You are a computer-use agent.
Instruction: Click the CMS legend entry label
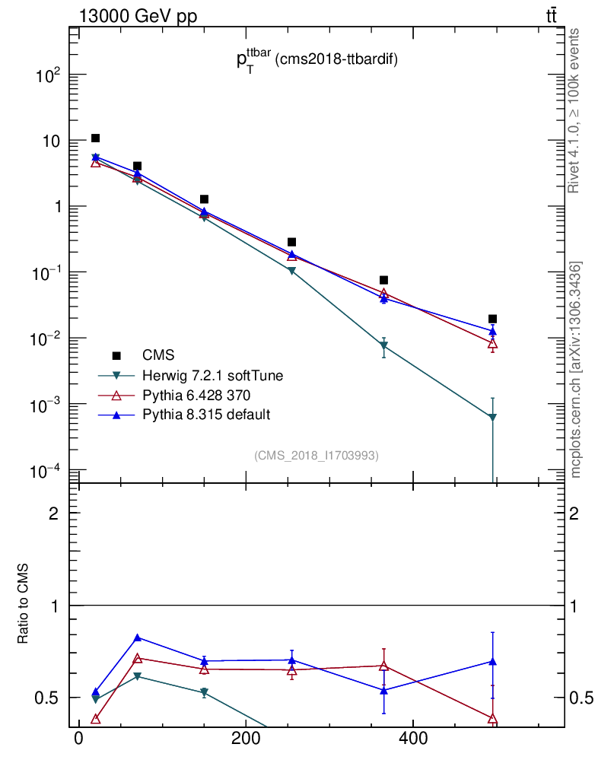pyautogui.click(x=157, y=355)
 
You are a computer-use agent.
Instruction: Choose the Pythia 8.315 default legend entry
pyautogui.click(x=206, y=415)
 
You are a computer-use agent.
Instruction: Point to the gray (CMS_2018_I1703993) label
pyautogui.click(x=316, y=455)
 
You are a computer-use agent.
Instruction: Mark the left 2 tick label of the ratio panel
pyautogui.click(x=53, y=514)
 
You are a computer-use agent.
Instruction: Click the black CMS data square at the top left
pyautogui.click(x=95, y=138)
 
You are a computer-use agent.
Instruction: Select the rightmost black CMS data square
pyautogui.click(x=493, y=319)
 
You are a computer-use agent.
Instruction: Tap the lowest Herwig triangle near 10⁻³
pyautogui.click(x=493, y=417)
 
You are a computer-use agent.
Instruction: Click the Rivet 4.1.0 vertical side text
pyautogui.click(x=575, y=110)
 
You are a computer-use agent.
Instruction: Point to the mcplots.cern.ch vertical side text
pyautogui.click(x=576, y=369)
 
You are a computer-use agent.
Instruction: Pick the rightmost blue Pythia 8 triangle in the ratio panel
pyautogui.click(x=493, y=661)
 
